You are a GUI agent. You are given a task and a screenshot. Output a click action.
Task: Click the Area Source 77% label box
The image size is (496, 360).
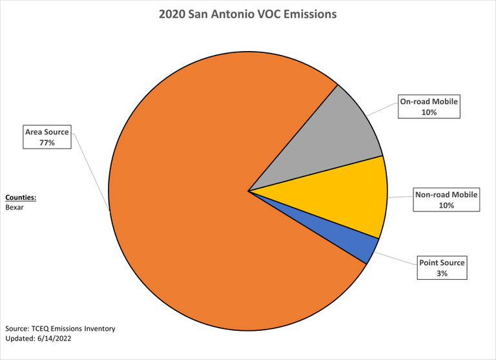46,137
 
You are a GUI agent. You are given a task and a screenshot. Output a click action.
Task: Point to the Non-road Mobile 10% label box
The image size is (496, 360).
446,200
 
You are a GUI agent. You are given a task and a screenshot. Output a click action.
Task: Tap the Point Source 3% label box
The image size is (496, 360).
442,268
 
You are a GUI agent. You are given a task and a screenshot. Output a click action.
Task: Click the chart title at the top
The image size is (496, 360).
248,14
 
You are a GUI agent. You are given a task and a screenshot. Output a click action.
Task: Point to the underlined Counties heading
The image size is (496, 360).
21,198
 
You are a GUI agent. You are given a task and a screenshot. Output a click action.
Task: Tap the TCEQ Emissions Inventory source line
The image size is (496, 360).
60,328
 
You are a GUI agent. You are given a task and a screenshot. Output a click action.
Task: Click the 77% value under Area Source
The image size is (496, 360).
46,143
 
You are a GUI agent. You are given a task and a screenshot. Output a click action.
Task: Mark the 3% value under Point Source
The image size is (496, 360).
442,274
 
